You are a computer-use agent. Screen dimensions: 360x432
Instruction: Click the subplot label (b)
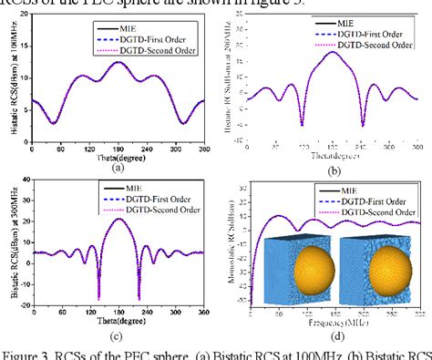[334, 170]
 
